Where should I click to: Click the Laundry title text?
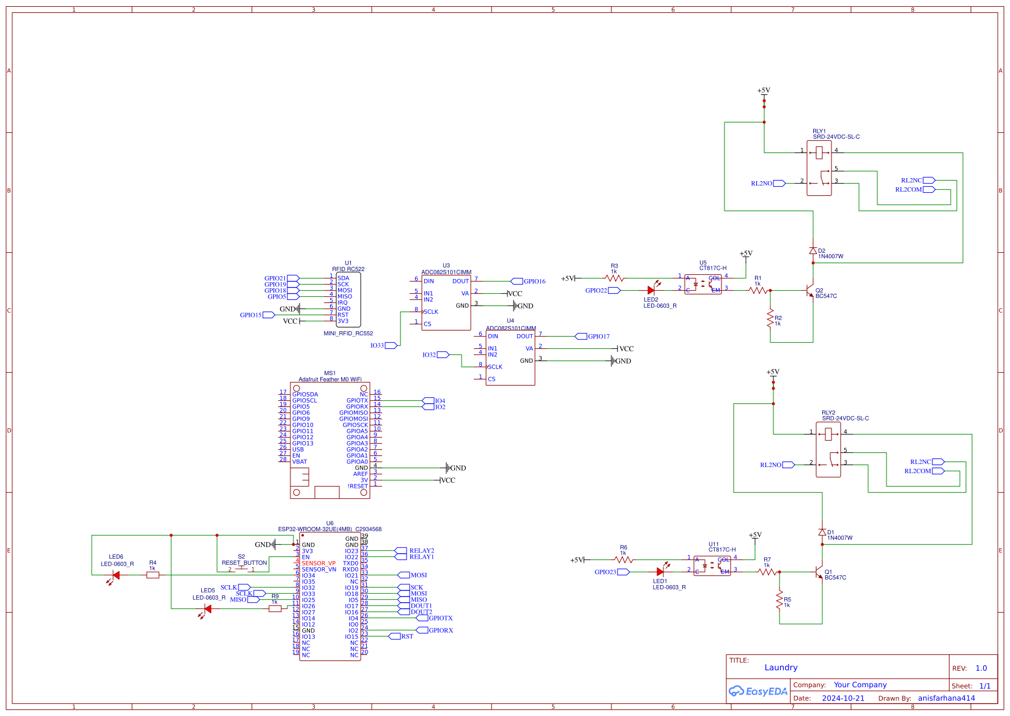(781, 668)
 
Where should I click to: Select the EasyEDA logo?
(758, 692)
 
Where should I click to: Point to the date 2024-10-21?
(843, 698)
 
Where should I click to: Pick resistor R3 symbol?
(614, 278)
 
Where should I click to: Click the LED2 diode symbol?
(652, 291)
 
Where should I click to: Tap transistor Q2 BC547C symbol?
(809, 291)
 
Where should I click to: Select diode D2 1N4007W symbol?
(813, 251)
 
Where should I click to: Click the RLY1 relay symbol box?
(819, 168)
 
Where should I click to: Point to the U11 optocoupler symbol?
(712, 565)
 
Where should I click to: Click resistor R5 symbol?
(779, 600)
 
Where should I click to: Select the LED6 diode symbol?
(116, 575)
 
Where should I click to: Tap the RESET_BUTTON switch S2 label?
(244, 562)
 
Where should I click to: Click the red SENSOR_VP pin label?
(319, 564)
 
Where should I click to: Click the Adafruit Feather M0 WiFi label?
(330, 379)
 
